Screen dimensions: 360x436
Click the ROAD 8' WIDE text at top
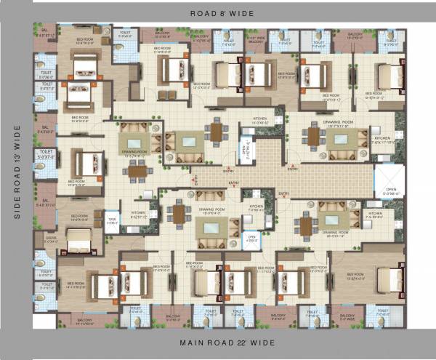click(218, 13)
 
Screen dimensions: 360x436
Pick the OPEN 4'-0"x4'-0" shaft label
click(251, 237)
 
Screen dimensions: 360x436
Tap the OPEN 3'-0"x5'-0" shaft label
click(113, 220)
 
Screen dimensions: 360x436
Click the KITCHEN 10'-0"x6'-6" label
click(261, 120)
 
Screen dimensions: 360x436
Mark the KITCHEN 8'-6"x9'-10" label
click(139, 214)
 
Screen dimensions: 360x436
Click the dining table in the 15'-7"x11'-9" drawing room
click(313, 136)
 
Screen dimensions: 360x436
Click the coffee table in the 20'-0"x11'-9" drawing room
click(331, 220)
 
